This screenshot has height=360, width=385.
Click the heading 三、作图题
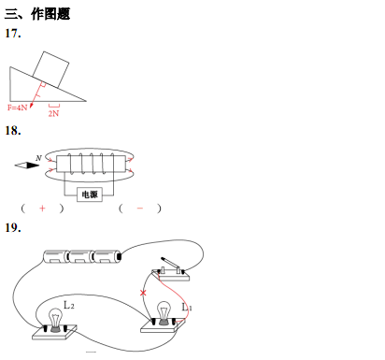click(x=37, y=14)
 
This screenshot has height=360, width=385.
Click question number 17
click(x=13, y=34)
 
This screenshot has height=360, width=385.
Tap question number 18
click(x=13, y=131)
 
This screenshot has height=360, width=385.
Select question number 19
click(x=13, y=228)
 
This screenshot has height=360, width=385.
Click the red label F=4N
click(x=18, y=108)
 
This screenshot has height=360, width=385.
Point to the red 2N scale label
click(x=53, y=113)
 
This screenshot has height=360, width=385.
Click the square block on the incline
click(x=50, y=69)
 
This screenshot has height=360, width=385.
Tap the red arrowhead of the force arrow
click(x=32, y=106)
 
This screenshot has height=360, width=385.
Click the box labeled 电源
click(x=90, y=194)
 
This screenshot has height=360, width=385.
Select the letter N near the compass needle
click(x=38, y=158)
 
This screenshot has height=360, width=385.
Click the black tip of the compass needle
click(x=33, y=165)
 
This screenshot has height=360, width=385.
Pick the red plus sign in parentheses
click(x=42, y=209)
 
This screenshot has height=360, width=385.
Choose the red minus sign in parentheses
click(x=140, y=209)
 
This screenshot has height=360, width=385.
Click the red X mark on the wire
click(x=143, y=293)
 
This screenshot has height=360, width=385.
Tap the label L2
click(x=69, y=305)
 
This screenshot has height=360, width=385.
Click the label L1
click(x=187, y=308)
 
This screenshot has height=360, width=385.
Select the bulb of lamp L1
click(x=164, y=310)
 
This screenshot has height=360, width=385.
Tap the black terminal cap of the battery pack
click(x=120, y=256)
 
